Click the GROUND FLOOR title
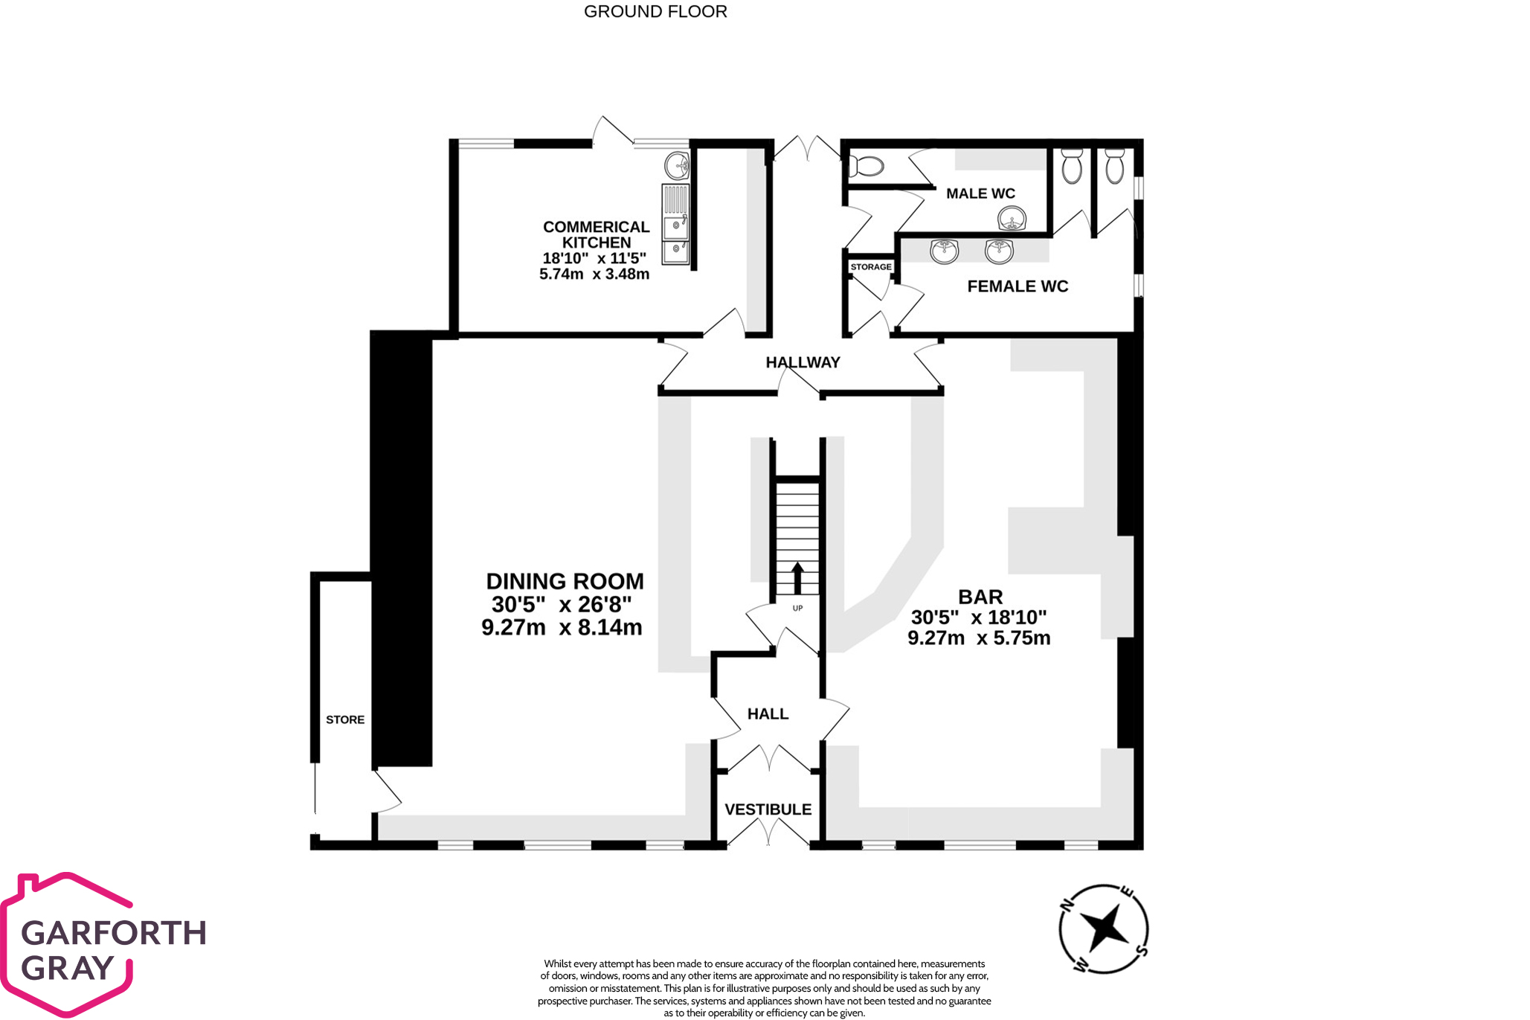click(x=655, y=12)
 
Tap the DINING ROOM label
click(x=565, y=581)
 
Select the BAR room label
click(x=980, y=597)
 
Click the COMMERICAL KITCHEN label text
click(x=597, y=234)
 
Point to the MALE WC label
click(x=980, y=193)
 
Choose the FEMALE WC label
click(x=1018, y=286)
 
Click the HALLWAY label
click(x=803, y=362)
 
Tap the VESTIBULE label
click(x=768, y=809)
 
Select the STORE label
click(x=345, y=719)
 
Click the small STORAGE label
click(x=871, y=267)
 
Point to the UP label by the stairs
click(x=797, y=609)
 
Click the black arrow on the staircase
click(x=797, y=578)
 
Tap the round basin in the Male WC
click(x=1012, y=219)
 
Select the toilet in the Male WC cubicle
click(x=866, y=165)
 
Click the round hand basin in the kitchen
click(x=677, y=166)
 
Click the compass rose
click(x=1103, y=928)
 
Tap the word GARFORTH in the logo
click(x=114, y=933)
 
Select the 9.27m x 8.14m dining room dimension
click(x=562, y=627)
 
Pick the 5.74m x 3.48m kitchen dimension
click(x=594, y=274)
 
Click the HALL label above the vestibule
click(x=768, y=714)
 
